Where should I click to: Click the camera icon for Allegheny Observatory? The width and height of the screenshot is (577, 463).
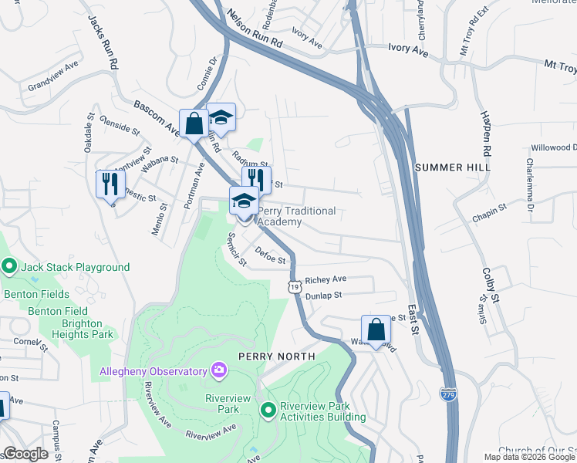(x=219, y=371)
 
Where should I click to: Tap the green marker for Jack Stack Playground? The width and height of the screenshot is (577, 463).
(x=9, y=267)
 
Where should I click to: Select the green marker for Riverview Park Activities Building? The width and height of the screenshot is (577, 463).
(x=268, y=410)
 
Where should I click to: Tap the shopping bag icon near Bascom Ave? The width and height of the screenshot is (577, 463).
(x=193, y=123)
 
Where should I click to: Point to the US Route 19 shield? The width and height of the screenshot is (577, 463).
(x=294, y=287)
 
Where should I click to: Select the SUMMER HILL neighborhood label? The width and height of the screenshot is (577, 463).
(x=452, y=167)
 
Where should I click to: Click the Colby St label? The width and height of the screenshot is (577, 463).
(x=491, y=286)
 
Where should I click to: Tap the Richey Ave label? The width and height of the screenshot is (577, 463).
(x=326, y=279)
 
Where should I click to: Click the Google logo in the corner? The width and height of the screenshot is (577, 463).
(x=25, y=454)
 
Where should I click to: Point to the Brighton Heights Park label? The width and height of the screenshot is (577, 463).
(x=83, y=329)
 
